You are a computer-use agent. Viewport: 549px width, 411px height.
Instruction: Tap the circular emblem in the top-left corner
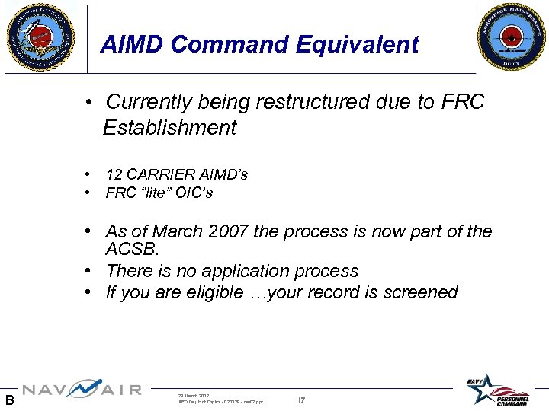(x=41, y=36)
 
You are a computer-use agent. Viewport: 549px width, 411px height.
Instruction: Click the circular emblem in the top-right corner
(x=512, y=36)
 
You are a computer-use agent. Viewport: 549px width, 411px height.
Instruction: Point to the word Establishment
(x=170, y=128)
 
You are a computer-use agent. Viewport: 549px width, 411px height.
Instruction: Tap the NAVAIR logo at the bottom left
(x=82, y=390)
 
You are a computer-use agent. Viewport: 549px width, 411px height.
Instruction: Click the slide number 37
(x=300, y=400)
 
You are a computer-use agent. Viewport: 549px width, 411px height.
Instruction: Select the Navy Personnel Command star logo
(x=499, y=389)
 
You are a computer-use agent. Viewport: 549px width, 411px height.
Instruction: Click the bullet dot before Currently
(x=89, y=102)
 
